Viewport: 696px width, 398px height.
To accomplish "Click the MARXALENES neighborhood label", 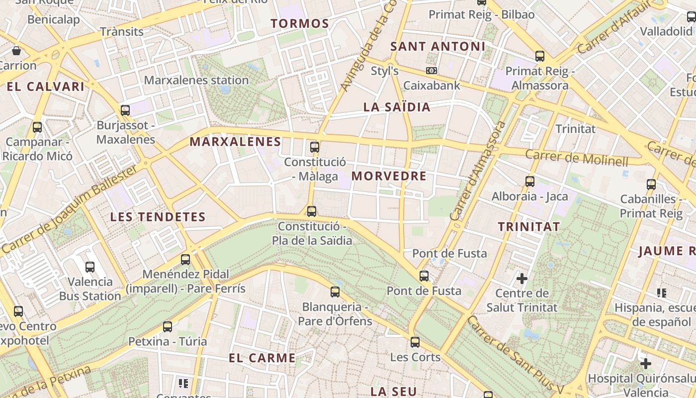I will [235, 142].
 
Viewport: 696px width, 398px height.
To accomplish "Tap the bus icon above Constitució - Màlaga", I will [314, 147].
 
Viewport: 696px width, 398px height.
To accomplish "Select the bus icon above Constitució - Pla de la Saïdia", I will [311, 211].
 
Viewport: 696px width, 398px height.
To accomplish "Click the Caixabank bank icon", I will [431, 71].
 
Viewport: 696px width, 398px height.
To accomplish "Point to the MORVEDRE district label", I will [389, 176].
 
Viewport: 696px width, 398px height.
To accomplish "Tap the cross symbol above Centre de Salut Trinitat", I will [522, 278].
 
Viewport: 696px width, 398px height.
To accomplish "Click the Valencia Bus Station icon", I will [90, 267].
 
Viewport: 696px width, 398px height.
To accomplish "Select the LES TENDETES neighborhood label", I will [158, 217].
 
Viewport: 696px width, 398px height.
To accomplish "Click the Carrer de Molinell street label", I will [577, 157].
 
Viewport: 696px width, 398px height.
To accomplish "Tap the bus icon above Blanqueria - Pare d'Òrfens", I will [335, 292].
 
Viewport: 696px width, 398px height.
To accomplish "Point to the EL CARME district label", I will [262, 358].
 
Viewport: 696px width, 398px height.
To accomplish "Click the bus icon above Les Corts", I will [415, 342].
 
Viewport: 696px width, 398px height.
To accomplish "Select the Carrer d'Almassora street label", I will [477, 171].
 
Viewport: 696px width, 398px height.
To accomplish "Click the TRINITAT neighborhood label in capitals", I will [529, 227].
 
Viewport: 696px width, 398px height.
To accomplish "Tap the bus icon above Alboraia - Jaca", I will [530, 182].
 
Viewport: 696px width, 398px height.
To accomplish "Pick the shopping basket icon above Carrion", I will [16, 51].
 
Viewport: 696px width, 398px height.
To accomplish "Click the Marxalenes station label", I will [196, 80].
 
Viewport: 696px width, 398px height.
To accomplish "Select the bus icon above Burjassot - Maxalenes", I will [125, 110].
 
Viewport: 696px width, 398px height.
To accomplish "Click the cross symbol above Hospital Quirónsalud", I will [645, 364].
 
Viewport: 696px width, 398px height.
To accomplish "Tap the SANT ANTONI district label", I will [437, 47].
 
